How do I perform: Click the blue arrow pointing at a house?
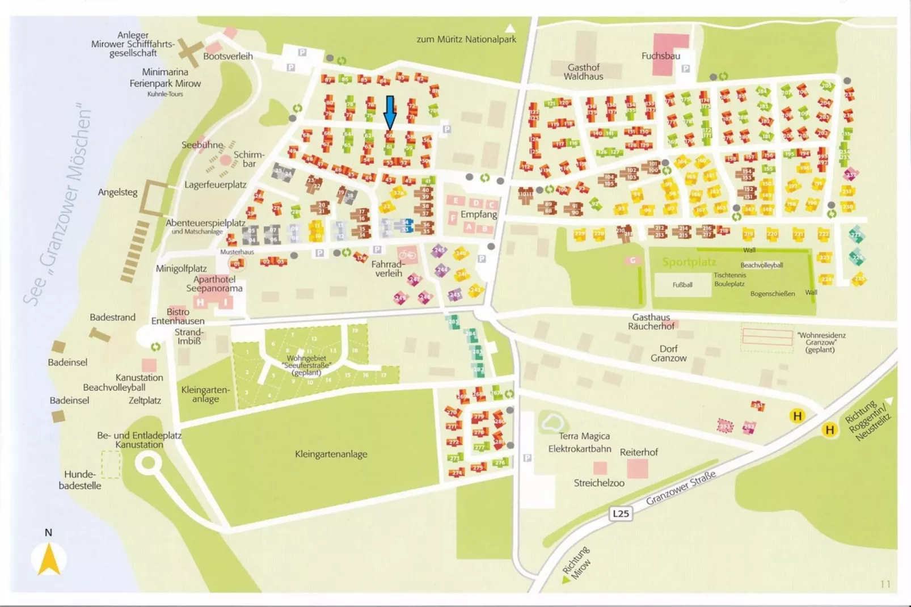tap(390, 112)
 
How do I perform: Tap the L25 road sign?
tap(621, 513)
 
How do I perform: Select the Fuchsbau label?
tap(661, 56)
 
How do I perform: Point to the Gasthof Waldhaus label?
tap(583, 71)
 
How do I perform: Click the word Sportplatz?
tap(689, 262)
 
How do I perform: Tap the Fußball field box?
tap(682, 285)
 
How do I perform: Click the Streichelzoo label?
tap(599, 483)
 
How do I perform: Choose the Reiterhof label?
tap(639, 452)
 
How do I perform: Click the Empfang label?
tap(479, 214)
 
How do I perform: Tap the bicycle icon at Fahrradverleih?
tap(407, 255)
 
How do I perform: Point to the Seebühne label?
tap(203, 145)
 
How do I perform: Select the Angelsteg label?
tap(117, 192)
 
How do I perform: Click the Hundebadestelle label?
tap(80, 480)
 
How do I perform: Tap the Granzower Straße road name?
tap(681, 487)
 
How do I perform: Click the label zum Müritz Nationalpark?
tap(466, 39)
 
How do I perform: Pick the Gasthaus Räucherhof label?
tap(651, 322)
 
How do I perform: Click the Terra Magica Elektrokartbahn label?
tap(580, 442)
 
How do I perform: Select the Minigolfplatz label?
tap(182, 268)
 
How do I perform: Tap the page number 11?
tap(885, 584)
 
